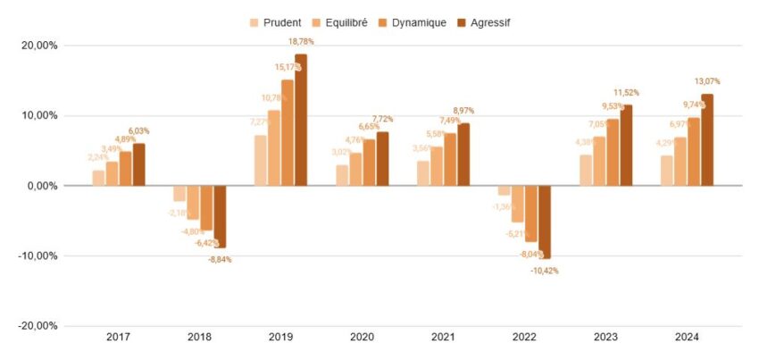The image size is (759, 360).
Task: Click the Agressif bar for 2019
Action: [301, 120]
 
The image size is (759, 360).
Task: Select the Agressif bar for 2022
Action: [545, 222]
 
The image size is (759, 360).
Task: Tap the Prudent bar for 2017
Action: [98, 178]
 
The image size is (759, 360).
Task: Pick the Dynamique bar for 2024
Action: [693, 152]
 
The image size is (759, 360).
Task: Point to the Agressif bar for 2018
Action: [220, 217]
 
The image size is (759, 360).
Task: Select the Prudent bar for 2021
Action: [423, 173]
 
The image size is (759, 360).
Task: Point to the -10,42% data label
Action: [545, 271]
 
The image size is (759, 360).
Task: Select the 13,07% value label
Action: [707, 81]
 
